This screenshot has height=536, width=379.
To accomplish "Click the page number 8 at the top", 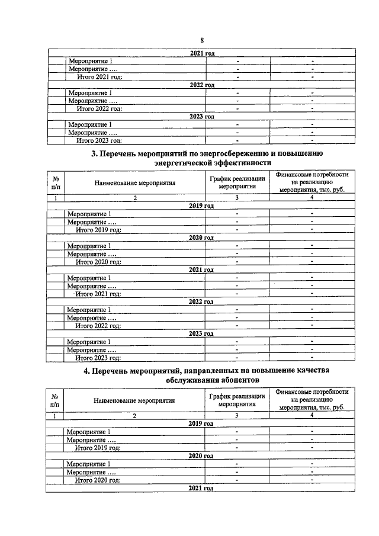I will point(202,40).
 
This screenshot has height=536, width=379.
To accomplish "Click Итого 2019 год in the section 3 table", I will point(98,229).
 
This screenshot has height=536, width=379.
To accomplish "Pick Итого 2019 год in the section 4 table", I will point(98,448).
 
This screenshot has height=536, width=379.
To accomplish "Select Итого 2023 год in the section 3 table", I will point(98,358).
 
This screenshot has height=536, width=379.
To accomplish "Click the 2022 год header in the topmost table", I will point(202,85).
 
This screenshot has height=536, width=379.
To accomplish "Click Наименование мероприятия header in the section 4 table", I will point(135,400).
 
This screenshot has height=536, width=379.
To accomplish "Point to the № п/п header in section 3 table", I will point(55,182).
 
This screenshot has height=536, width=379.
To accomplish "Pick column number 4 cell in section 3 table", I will point(312,198).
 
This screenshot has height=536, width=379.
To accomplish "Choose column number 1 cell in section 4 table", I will point(55,416).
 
